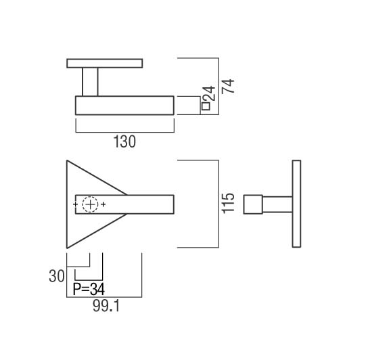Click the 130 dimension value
(124, 141)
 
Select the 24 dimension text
(208, 93)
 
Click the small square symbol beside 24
(206, 106)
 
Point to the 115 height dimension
(228, 204)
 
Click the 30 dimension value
(57, 276)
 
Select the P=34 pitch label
(89, 289)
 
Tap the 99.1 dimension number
(106, 306)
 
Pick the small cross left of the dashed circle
(75, 204)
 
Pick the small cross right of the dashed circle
(103, 204)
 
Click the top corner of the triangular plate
(67, 160)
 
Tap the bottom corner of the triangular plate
(67, 248)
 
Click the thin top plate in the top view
(105, 64)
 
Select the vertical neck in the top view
(90, 82)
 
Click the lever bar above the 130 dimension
(124, 106)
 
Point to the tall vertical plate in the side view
(296, 204)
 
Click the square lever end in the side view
(253, 204)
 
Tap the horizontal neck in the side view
(277, 204)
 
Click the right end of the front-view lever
(174, 204)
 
